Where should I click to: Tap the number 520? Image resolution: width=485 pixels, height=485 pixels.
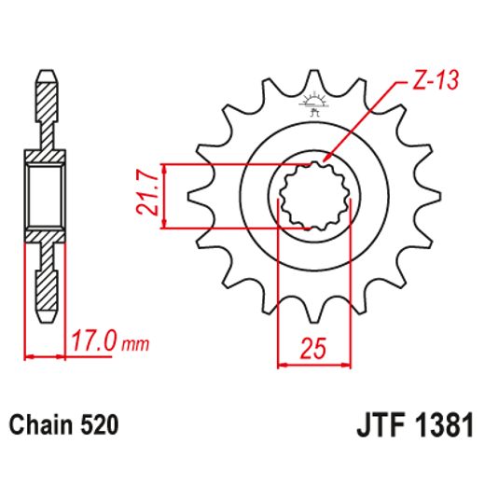pos(98,425)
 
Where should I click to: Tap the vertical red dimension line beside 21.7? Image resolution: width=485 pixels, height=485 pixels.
pos(164,196)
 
